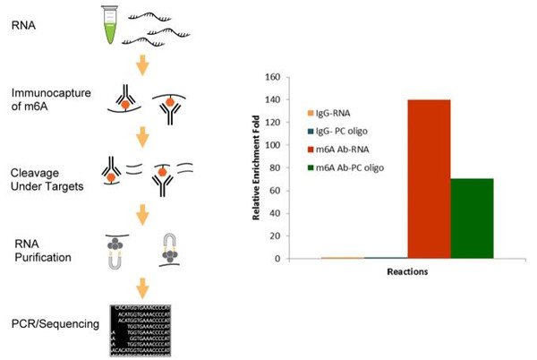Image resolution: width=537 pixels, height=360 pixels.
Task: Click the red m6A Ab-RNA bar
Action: click(428, 179)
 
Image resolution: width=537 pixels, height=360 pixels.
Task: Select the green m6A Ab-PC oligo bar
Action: click(472, 219)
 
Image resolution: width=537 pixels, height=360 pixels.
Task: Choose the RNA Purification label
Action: click(38, 250)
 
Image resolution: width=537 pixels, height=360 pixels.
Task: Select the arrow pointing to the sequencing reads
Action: click(141, 288)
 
